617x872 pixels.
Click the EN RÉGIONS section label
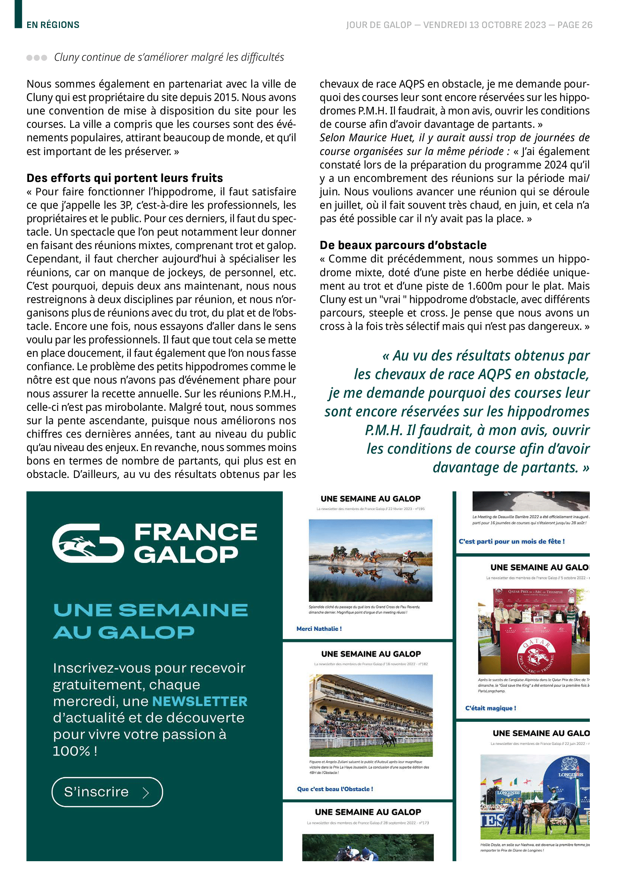point(53,25)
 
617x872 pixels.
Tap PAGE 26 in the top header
point(575,25)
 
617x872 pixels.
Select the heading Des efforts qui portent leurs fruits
point(124,178)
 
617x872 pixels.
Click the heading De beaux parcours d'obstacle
point(403,245)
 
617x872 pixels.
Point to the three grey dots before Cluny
point(37,58)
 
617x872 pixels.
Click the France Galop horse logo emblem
point(88,543)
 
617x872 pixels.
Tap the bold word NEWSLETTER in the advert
point(199,701)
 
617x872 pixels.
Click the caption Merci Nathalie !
point(319,629)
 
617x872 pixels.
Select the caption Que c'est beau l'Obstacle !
point(335,789)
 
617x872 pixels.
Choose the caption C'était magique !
point(490,708)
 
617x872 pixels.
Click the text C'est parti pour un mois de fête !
point(512,541)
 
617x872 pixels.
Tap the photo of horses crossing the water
point(370,560)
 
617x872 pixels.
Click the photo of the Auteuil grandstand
point(371,715)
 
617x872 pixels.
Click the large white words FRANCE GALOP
point(195,543)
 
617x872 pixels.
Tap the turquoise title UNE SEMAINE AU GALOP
point(151,621)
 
